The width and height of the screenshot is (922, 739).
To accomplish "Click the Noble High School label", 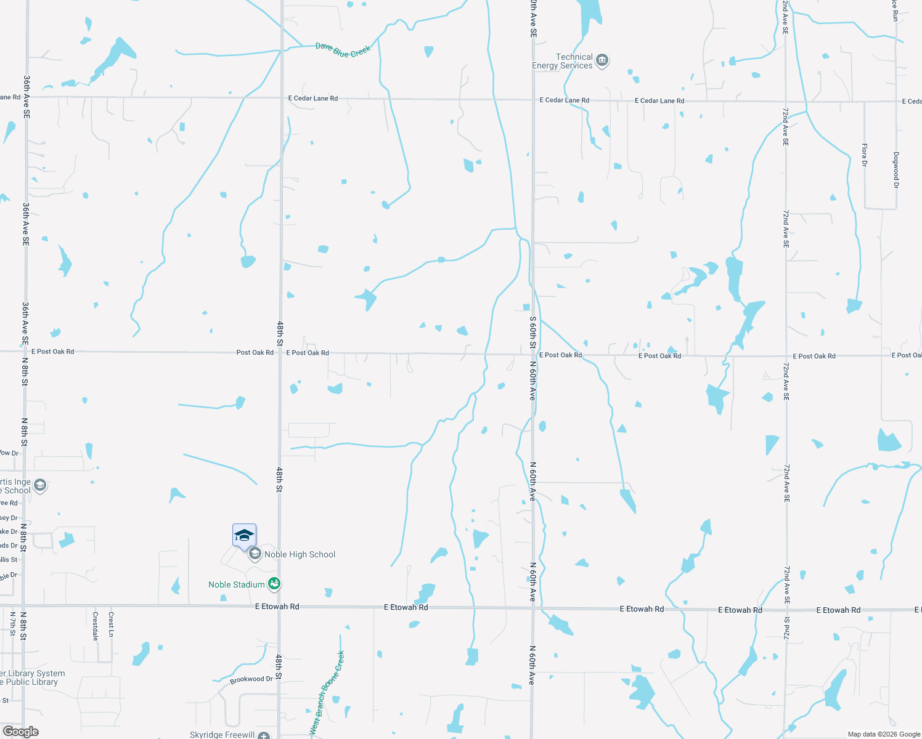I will click(x=300, y=554).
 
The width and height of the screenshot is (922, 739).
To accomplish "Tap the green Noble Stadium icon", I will click(x=275, y=583).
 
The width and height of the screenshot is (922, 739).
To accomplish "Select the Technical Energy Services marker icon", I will click(x=602, y=60).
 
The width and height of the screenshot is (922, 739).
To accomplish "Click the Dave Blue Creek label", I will click(x=343, y=50).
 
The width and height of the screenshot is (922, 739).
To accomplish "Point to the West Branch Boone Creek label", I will click(x=327, y=693).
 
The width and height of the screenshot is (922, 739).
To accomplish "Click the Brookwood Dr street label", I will click(x=251, y=679).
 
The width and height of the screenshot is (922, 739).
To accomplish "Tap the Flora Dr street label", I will click(x=864, y=155).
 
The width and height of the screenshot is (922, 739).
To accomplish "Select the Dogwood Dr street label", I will click(x=896, y=170).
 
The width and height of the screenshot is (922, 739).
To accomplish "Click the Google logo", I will click(x=21, y=732).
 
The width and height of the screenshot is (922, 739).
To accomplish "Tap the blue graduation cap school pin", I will click(x=244, y=536).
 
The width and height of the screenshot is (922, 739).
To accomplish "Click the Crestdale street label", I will click(x=95, y=626).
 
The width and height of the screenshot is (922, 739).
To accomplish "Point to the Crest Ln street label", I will click(x=111, y=624).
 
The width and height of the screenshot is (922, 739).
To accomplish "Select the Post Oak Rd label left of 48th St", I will click(x=255, y=352).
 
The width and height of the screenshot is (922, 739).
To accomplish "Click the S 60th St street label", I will click(x=533, y=333).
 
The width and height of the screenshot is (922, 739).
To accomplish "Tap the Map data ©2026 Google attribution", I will click(x=884, y=734).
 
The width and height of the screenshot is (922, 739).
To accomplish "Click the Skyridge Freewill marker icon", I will click(x=264, y=735).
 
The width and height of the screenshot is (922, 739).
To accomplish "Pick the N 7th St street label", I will click(x=12, y=623).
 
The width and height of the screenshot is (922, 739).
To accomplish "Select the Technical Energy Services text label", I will click(x=562, y=61).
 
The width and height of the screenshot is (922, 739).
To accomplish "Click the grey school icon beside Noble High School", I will click(x=255, y=554).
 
